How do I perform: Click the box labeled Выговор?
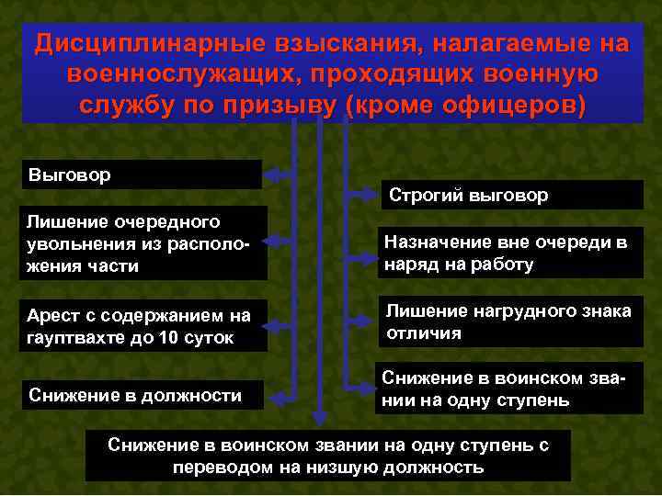(142, 175)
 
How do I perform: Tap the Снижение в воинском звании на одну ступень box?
(508, 389)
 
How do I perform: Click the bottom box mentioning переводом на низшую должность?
(328, 456)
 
